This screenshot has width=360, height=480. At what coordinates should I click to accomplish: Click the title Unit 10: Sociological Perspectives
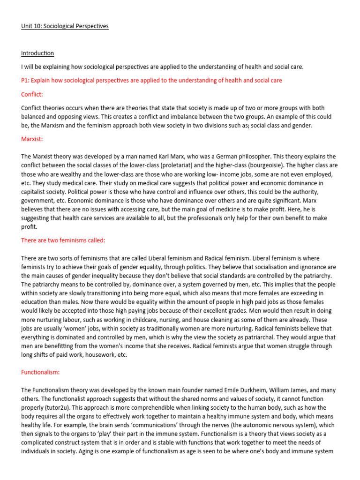[65, 26]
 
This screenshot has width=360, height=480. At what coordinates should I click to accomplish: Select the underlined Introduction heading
[37, 53]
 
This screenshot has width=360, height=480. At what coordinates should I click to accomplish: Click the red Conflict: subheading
[32, 94]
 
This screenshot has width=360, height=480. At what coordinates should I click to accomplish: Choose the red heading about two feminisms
[63, 240]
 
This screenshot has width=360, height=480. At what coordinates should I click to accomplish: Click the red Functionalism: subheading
[40, 373]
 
